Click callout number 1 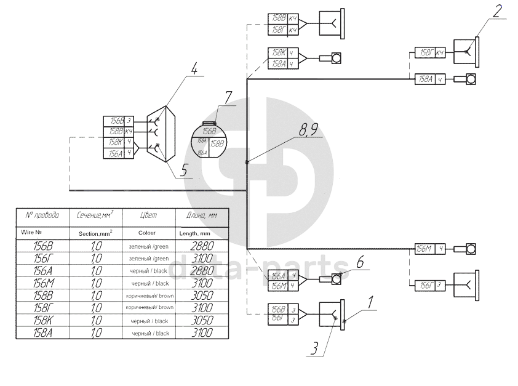(x=370, y=302)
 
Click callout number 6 (x=361, y=261)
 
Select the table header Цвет (x=148, y=215)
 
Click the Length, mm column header (x=197, y=233)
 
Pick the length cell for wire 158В (x=197, y=295)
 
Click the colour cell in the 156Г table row (x=148, y=257)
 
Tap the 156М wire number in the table (x=42, y=283)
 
